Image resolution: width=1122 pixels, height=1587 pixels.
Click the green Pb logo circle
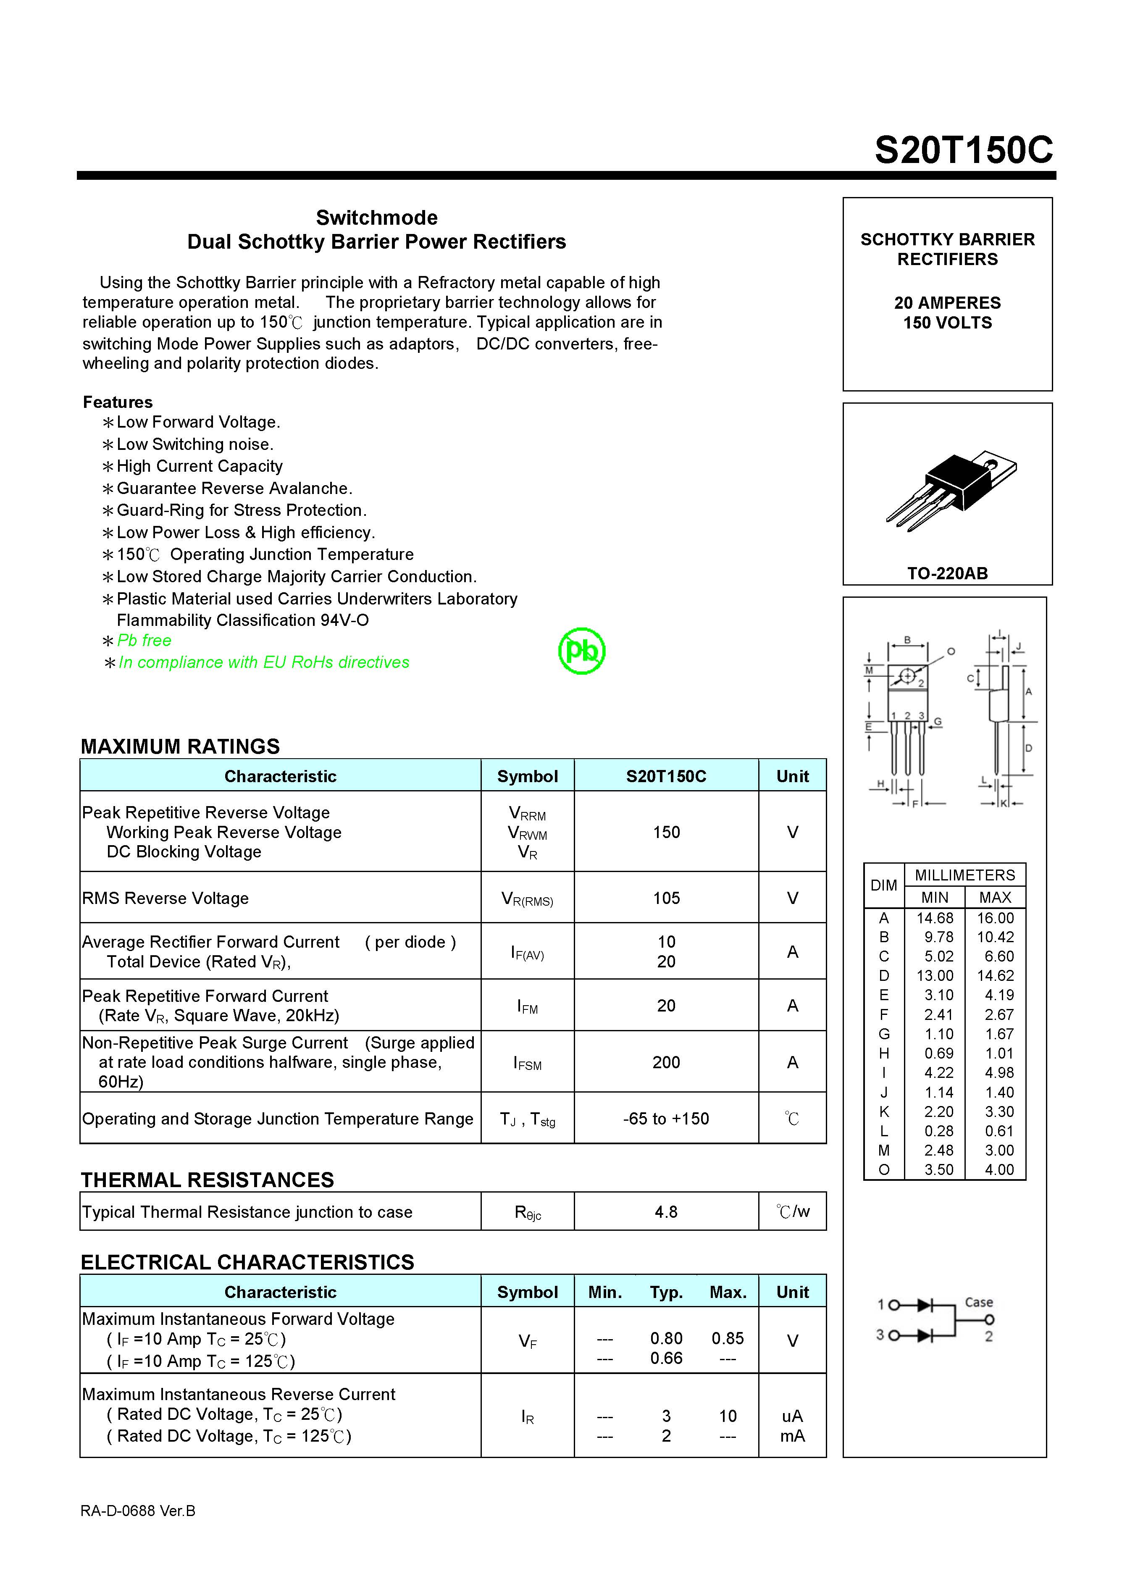(581, 650)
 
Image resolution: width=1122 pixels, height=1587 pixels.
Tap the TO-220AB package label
(947, 573)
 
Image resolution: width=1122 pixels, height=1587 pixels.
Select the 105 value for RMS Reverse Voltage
(666, 898)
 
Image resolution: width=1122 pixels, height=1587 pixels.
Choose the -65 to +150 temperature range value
(666, 1118)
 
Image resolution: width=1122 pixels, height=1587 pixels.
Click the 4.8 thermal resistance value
(666, 1212)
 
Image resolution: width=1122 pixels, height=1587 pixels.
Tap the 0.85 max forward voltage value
(727, 1338)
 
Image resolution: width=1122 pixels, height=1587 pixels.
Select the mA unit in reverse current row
(792, 1436)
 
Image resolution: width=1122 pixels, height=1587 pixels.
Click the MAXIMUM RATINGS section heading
(181, 746)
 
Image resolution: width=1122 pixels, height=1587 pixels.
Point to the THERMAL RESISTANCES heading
(208, 1180)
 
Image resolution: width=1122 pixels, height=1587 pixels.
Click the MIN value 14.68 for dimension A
(935, 918)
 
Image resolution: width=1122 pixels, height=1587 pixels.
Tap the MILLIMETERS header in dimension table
(965, 875)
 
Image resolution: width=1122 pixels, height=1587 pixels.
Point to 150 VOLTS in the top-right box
(947, 323)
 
